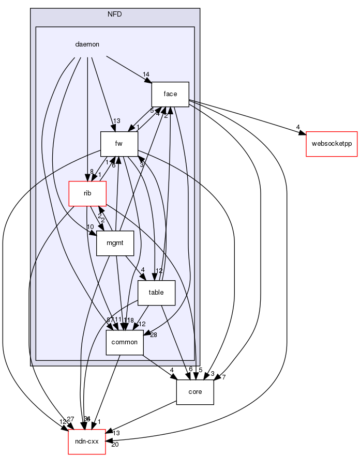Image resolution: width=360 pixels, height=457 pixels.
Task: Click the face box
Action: tap(170, 94)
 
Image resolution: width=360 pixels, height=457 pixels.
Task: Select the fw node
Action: tap(119, 144)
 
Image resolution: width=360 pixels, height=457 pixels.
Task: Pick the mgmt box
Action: tap(115, 243)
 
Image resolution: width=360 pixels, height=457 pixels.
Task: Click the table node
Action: tap(156, 293)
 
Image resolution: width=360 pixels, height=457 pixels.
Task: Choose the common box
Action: tap(125, 342)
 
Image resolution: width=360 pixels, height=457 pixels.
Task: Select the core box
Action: tap(195, 391)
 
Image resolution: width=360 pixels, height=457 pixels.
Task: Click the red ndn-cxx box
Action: tap(87, 441)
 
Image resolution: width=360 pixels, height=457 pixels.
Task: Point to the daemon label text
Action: tap(87, 44)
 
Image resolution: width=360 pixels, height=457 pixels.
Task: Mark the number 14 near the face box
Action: tap(146, 75)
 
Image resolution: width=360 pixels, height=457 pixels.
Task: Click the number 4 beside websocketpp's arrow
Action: tap(298, 127)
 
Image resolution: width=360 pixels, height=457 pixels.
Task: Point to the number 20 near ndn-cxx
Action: tap(115, 445)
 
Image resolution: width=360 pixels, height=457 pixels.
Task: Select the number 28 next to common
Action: tap(153, 336)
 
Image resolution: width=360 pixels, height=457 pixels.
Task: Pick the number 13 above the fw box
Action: tap(117, 121)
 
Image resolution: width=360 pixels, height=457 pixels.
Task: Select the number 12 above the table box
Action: tap(160, 271)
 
